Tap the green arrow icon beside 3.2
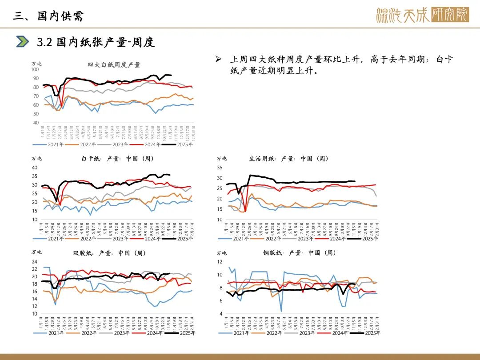click(23, 42)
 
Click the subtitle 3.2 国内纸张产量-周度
click(96, 42)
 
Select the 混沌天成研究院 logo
click(422, 15)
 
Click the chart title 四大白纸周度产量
click(114, 65)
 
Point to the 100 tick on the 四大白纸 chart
click(35, 69)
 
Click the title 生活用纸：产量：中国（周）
click(289, 159)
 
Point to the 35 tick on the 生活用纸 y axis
click(220, 168)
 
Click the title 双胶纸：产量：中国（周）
click(109, 253)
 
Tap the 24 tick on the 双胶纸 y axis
click(35, 262)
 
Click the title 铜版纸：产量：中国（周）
click(300, 253)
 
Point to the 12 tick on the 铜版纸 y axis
click(220, 262)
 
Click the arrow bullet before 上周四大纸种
click(218, 60)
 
